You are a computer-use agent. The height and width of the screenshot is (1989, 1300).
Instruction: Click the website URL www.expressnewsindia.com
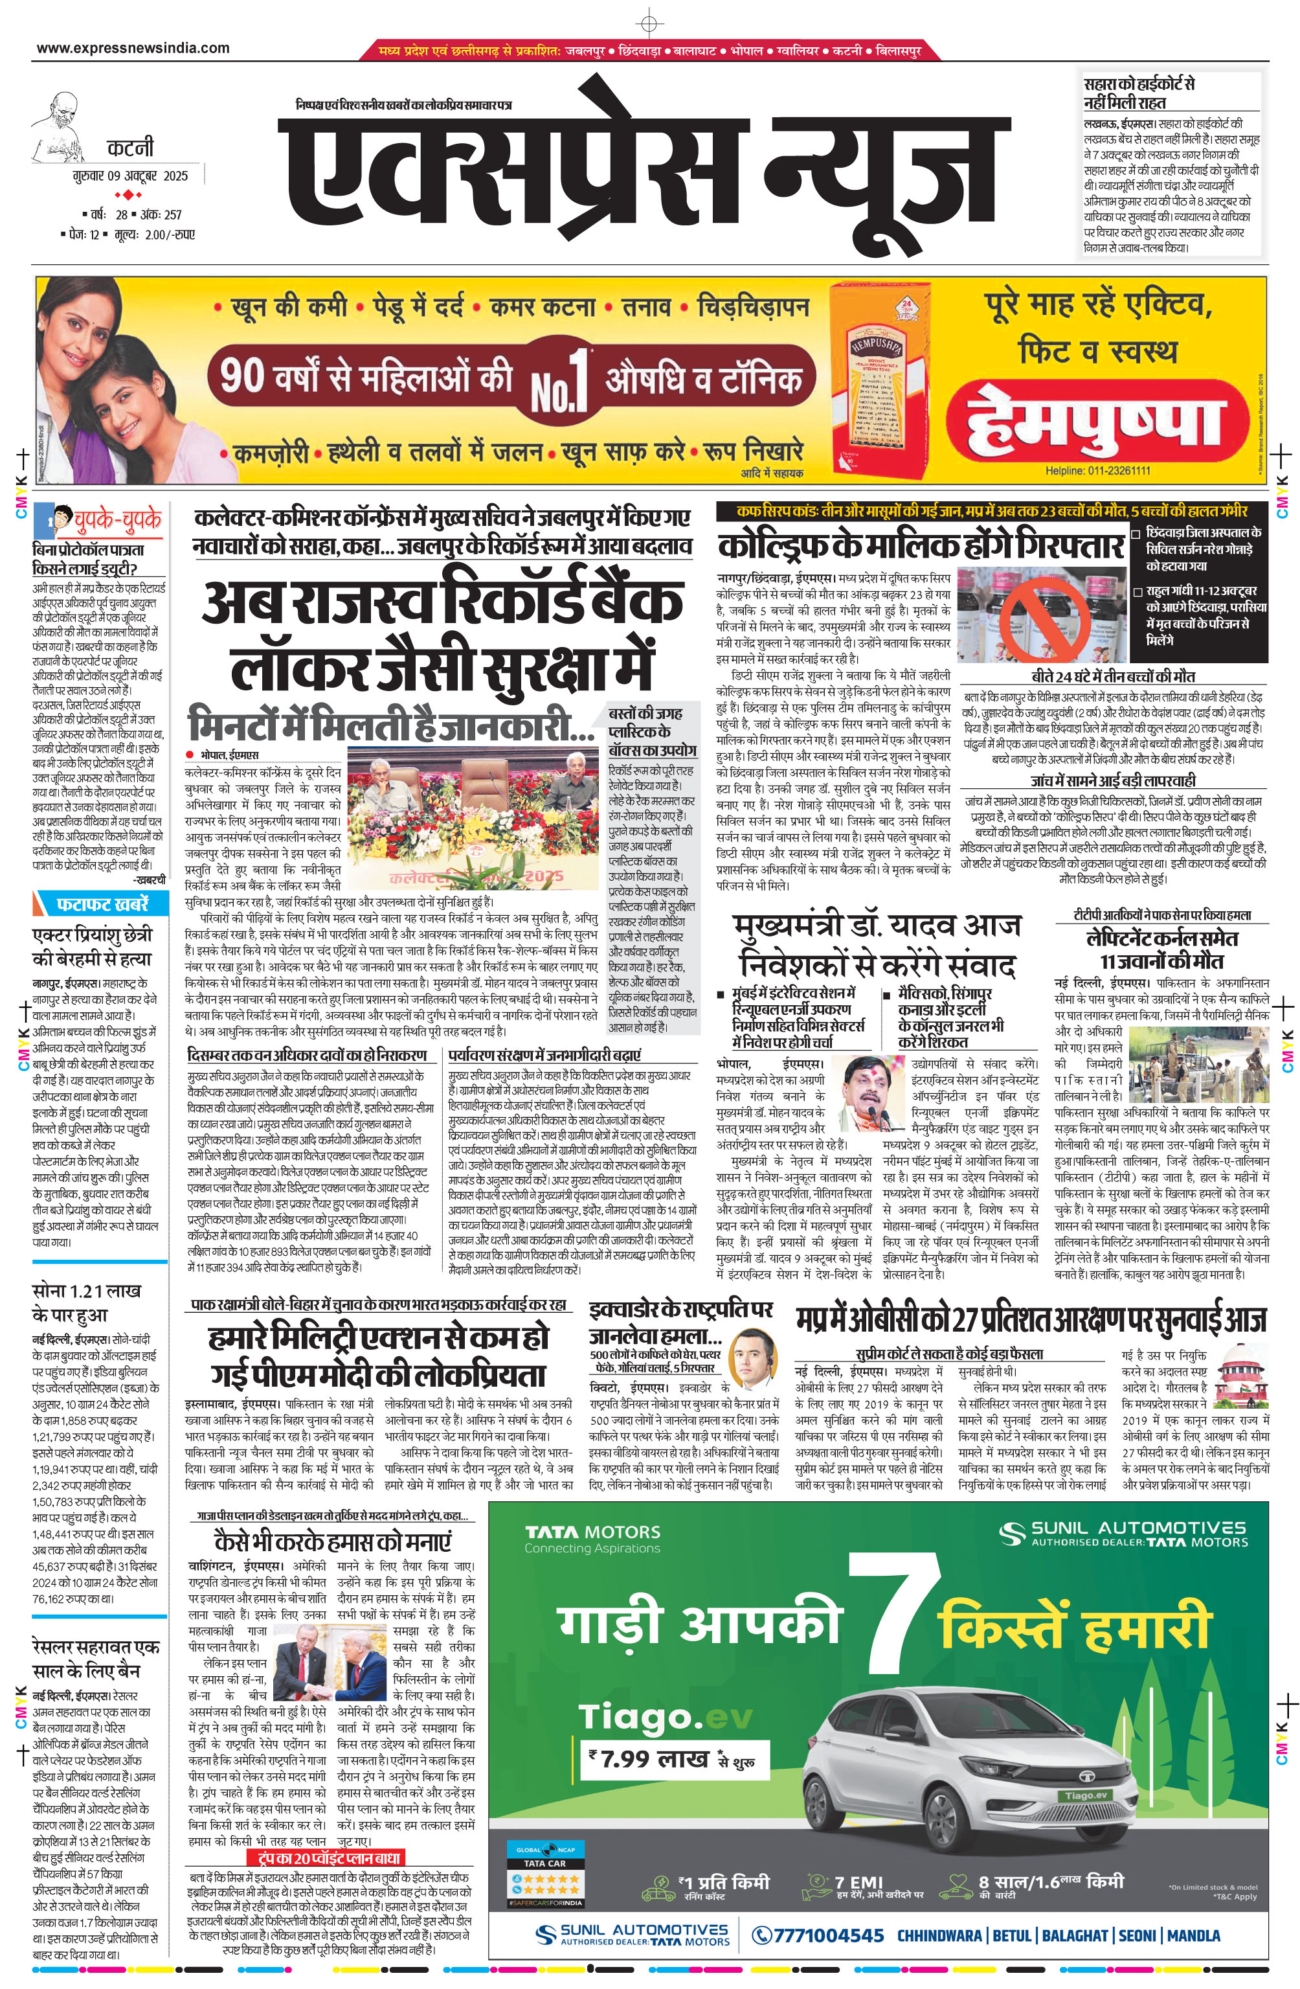[x=133, y=49]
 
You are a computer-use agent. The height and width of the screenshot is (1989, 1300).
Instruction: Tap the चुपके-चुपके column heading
[x=117, y=520]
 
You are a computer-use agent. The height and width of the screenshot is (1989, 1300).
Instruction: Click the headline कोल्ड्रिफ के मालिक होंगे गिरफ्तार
[x=920, y=547]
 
